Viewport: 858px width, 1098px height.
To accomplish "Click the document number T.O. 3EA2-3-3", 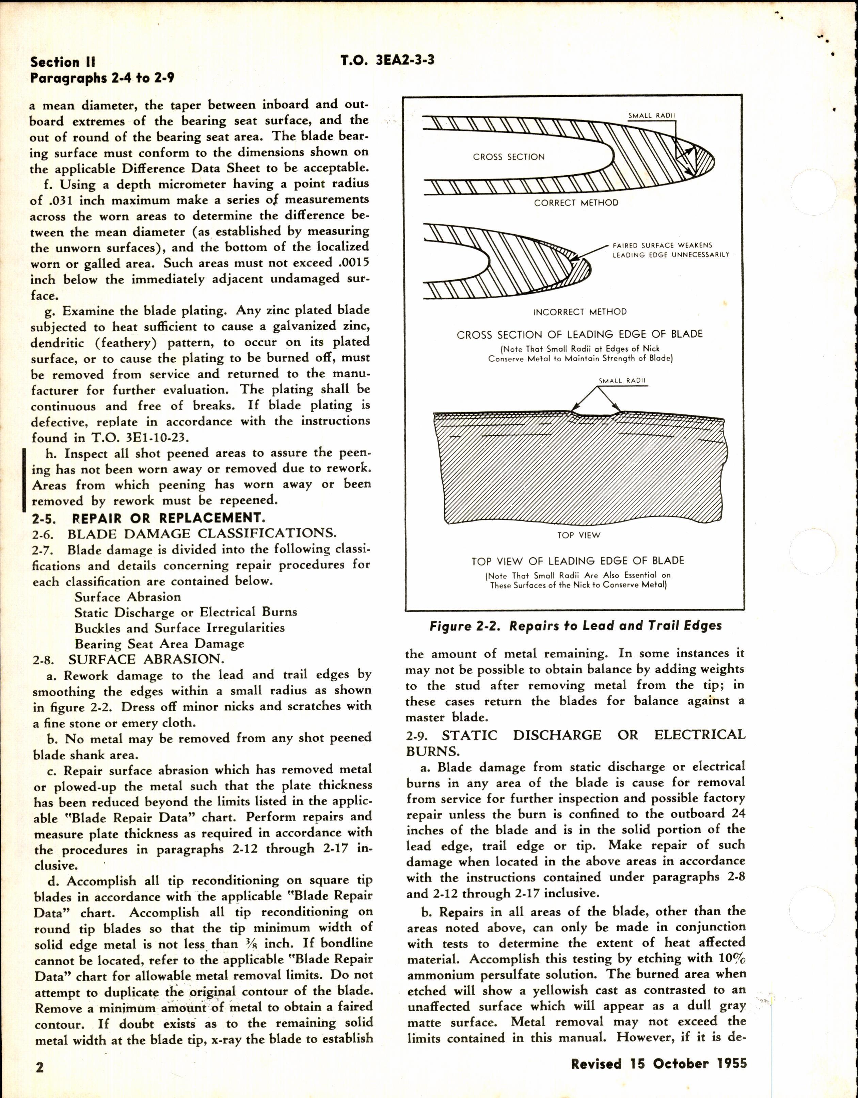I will [387, 61].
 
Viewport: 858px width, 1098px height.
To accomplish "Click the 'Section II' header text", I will [62, 62].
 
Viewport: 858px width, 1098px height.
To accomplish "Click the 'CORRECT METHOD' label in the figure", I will [576, 203].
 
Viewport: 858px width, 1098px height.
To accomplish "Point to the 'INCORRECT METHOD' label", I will [579, 312].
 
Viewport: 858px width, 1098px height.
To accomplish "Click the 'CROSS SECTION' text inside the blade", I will [509, 157].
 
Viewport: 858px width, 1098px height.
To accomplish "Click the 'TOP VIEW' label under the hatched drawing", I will [578, 535].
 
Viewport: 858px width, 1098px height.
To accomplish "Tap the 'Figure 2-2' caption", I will [575, 626].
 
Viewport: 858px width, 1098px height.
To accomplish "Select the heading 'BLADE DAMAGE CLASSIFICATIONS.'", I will [202, 534].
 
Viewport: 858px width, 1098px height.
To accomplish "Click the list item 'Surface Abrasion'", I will [128, 597].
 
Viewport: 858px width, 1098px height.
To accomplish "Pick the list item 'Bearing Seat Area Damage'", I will [159, 643].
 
